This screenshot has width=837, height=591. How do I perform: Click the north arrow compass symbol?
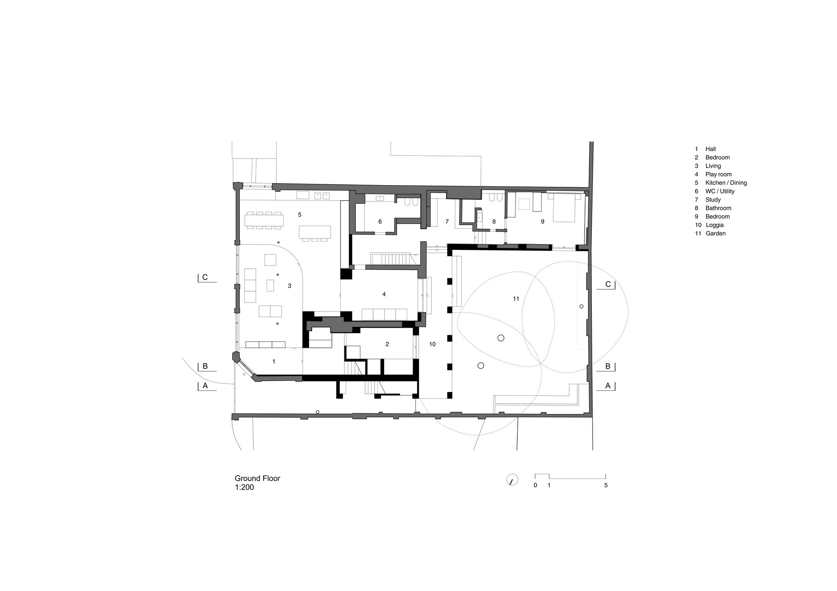(512, 479)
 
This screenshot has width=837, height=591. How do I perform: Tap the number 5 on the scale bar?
(606, 485)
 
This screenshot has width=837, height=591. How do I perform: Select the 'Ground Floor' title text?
(257, 478)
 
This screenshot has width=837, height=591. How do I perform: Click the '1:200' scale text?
(244, 487)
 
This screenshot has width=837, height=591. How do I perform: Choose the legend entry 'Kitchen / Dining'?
(726, 183)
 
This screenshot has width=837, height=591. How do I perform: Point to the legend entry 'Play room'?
(719, 174)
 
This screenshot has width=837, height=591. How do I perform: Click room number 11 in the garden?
(516, 298)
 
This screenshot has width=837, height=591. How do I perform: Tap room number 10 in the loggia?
(432, 344)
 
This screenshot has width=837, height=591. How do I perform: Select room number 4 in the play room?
(384, 294)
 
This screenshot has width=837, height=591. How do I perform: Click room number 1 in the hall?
(274, 361)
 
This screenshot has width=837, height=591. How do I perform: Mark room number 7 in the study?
(447, 222)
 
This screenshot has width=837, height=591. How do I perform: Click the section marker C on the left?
(205, 277)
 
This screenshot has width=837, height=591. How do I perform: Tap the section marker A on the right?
(608, 386)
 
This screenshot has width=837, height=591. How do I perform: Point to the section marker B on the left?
(205, 367)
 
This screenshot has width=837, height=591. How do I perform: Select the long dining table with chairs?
(264, 220)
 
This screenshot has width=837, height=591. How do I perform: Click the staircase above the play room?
(392, 259)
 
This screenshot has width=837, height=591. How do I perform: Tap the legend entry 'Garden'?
(716, 233)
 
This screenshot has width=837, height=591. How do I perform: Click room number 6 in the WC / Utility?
(380, 222)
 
